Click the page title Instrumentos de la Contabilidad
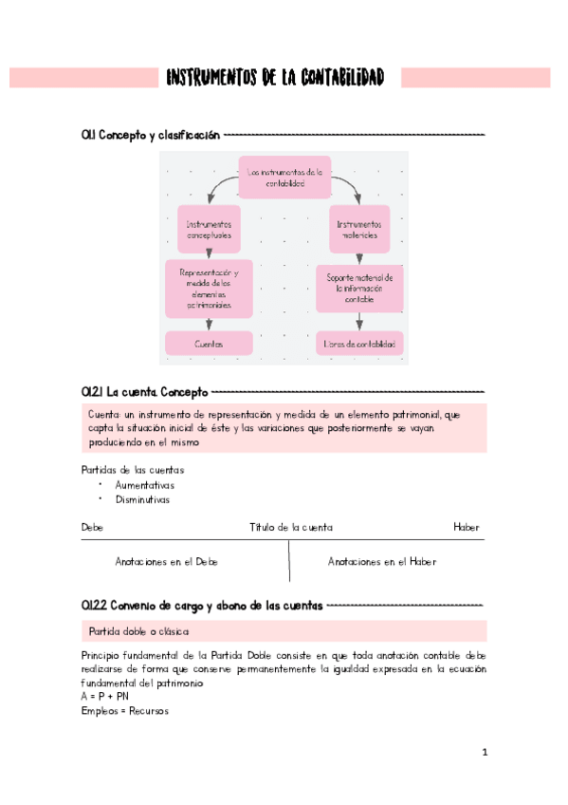[x=275, y=78]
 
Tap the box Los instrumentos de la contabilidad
[x=284, y=178]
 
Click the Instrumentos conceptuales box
[x=209, y=229]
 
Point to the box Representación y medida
[x=209, y=289]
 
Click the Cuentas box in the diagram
[x=209, y=344]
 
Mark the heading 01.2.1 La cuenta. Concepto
[x=144, y=391]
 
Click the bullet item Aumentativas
[x=144, y=485]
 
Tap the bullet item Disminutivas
[x=142, y=499]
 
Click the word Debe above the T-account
[x=92, y=528]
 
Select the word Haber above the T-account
[x=466, y=528]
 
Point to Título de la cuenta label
[x=291, y=528]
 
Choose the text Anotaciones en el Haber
[x=382, y=562]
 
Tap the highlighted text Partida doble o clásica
[x=139, y=631]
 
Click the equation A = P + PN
[x=107, y=696]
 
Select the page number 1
[x=484, y=753]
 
